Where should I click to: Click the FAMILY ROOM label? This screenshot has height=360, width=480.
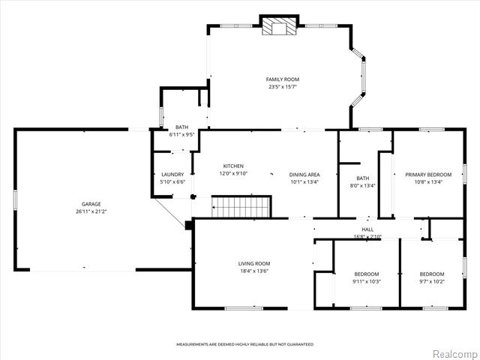(282, 79)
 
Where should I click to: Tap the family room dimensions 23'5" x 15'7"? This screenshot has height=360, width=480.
(283, 87)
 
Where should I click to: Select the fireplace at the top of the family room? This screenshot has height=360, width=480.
(279, 25)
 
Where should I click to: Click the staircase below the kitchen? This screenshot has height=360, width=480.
(241, 207)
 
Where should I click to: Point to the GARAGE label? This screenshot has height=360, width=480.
(91, 204)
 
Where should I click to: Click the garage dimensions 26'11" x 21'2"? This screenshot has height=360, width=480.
(91, 211)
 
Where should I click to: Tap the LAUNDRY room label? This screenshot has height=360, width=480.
(172, 175)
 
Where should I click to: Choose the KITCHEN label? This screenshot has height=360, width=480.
(233, 166)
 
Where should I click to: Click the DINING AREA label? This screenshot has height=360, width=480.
(304, 175)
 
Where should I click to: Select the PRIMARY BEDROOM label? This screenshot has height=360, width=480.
(428, 175)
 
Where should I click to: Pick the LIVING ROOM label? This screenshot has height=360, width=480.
(254, 263)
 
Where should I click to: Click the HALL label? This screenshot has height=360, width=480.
(367, 229)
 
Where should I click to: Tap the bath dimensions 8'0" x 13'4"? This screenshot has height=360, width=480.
(363, 185)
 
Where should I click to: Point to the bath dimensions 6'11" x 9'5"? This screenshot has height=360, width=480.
(181, 135)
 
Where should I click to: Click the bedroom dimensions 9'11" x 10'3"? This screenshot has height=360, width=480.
(367, 282)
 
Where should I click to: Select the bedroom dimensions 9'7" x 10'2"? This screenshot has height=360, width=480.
(432, 282)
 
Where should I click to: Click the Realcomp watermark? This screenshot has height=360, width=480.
(454, 353)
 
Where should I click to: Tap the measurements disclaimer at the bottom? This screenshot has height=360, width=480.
(245, 344)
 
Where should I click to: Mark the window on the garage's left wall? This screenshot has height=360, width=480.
(15, 200)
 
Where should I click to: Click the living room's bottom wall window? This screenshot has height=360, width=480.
(244, 308)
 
